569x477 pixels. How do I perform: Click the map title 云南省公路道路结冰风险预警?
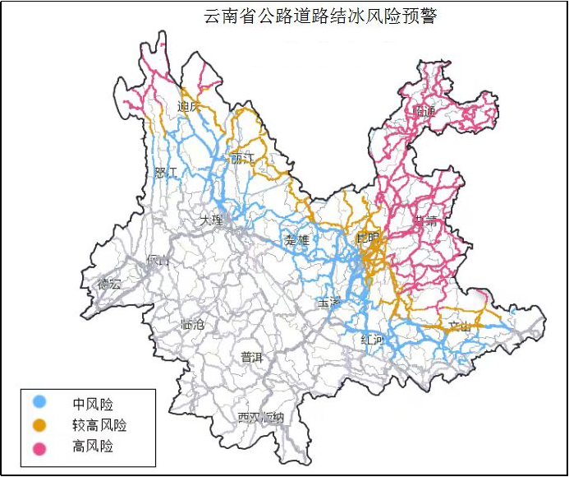click(321, 16)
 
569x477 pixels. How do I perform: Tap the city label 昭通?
click(425, 111)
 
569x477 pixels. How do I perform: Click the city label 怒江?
click(166, 173)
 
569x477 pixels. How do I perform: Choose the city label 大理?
click(211, 220)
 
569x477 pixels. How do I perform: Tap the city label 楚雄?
click(296, 240)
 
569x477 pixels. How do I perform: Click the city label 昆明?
click(369, 238)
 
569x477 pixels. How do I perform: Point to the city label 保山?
click(157, 261)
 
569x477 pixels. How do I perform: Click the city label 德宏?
click(109, 284)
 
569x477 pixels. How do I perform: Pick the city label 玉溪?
click(328, 303)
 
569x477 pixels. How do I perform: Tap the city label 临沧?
click(191, 325)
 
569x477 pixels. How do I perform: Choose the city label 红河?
click(372, 340)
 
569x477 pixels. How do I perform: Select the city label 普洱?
click(251, 357)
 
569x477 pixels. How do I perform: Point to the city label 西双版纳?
click(260, 417)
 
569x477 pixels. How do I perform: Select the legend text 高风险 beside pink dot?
click(93, 447)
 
